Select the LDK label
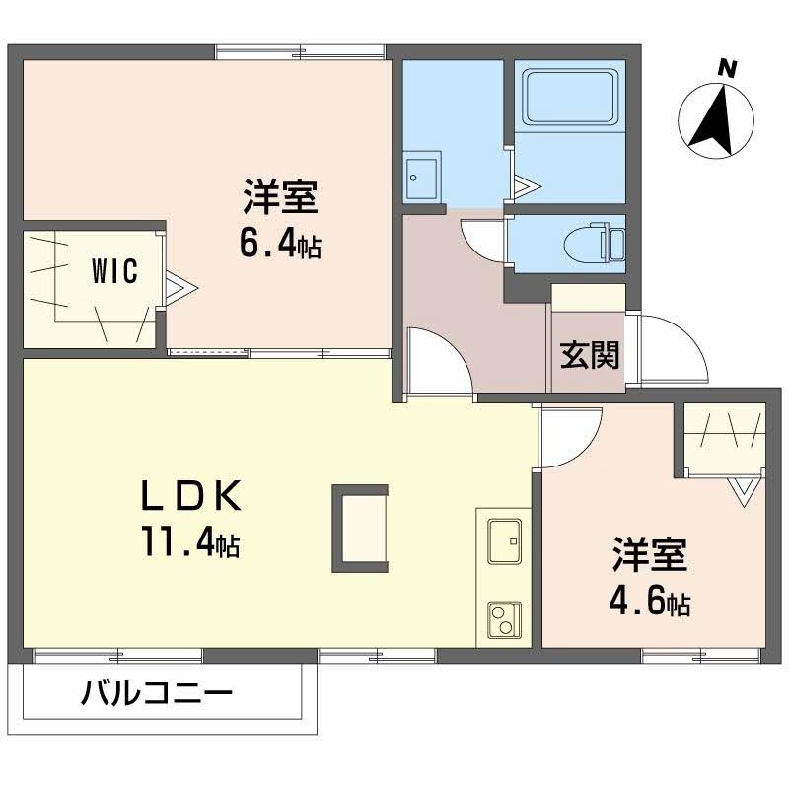tap(190, 496)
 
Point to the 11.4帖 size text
tap(190, 541)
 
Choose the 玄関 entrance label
tap(589, 354)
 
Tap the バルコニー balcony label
tap(157, 693)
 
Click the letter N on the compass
tap(727, 68)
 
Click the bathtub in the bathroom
tap(570, 97)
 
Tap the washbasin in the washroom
tap(423, 177)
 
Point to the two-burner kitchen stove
tap(504, 620)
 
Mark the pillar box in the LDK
tap(360, 529)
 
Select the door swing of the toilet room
tap(482, 239)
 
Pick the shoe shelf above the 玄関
tap(589, 298)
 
